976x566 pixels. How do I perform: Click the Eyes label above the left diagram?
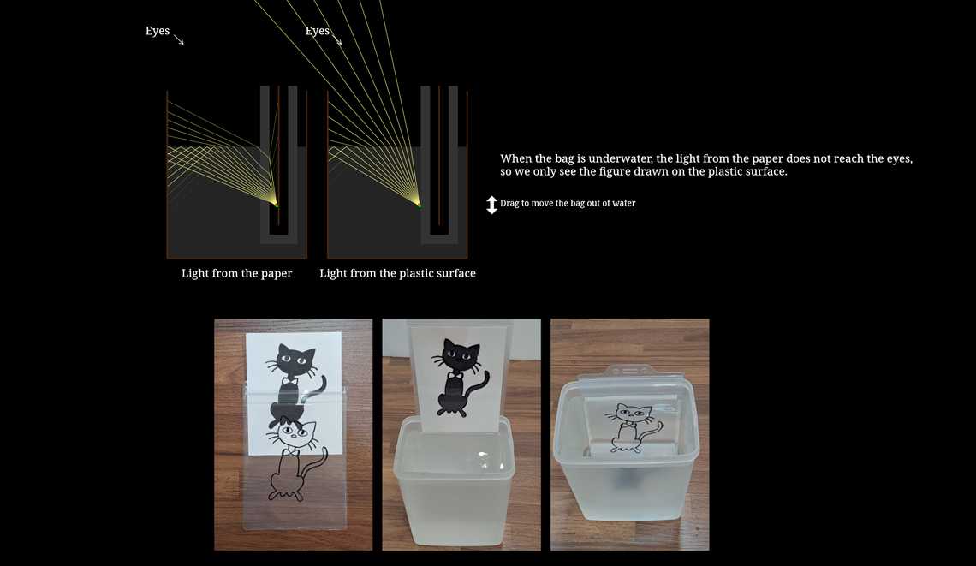pyautogui.click(x=158, y=31)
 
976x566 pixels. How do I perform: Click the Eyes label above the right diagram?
pyautogui.click(x=318, y=31)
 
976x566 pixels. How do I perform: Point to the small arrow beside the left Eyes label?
pyautogui.click(x=179, y=39)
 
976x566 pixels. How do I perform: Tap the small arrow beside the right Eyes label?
pyautogui.click(x=337, y=39)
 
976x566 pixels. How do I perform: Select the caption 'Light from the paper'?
pyautogui.click(x=236, y=273)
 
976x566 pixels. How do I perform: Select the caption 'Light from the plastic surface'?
pyautogui.click(x=397, y=273)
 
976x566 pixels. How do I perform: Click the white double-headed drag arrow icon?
pyautogui.click(x=492, y=205)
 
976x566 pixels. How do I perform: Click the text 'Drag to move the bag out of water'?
pyautogui.click(x=568, y=203)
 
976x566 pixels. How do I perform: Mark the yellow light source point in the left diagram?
pyautogui.click(x=277, y=205)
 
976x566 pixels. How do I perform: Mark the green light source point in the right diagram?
pyautogui.click(x=420, y=205)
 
